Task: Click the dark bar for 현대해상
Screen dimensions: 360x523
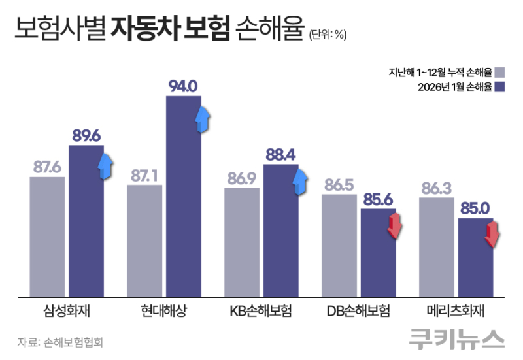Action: tap(184, 196)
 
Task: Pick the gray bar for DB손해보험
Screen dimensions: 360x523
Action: tap(339, 244)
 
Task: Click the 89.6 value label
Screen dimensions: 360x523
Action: tap(86, 136)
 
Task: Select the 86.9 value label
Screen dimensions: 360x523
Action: tap(242, 178)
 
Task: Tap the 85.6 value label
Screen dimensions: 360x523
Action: tap(379, 199)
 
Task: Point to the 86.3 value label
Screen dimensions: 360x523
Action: tap(436, 188)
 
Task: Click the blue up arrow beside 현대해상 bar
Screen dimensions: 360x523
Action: tap(203, 116)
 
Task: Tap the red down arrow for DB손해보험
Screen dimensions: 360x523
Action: tap(395, 225)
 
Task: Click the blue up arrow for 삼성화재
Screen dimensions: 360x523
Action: tap(105, 166)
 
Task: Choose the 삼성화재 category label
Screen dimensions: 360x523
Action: tap(67, 310)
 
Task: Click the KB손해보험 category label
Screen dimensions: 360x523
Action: tap(261, 310)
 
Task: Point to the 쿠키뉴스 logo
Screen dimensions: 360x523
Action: tap(457, 339)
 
